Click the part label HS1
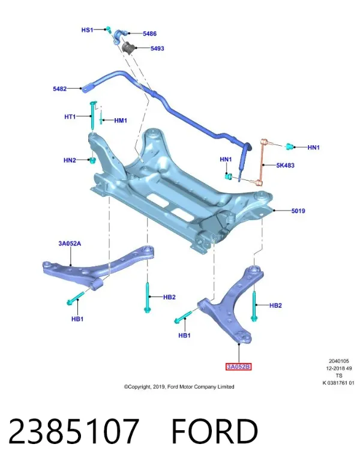tap(87, 30)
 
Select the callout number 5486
tap(149, 34)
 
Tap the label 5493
tap(157, 49)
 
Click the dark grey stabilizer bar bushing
tap(129, 47)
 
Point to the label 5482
tap(59, 89)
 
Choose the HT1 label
tap(70, 116)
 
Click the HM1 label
tap(121, 121)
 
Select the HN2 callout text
tap(70, 160)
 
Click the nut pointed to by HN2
tap(93, 160)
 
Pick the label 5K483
tap(285, 165)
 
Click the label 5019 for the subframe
tap(298, 211)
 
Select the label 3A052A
tap(70, 244)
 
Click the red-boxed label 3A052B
tap(238, 367)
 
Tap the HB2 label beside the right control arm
tap(275, 305)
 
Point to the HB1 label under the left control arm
tap(77, 319)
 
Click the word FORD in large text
tap(215, 431)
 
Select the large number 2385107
tap(74, 431)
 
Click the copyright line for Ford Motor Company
tap(179, 387)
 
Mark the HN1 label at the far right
tap(313, 148)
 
